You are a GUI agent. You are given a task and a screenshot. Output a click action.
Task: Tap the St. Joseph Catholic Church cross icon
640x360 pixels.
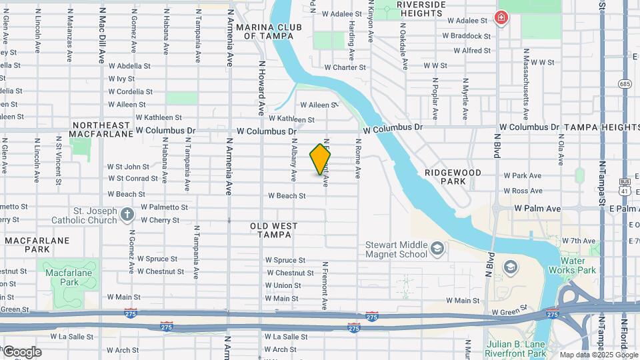pyautogui.click(x=127, y=215)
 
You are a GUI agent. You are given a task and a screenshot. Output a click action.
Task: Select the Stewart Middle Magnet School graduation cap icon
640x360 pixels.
pyautogui.click(x=437, y=249)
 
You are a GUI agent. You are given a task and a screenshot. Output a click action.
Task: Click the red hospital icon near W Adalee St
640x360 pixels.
pyautogui.click(x=500, y=17)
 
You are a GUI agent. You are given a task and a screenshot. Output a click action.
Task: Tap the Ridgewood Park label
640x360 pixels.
pyautogui.click(x=452, y=177)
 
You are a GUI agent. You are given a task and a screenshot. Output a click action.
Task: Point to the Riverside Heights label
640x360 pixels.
pyautogui.click(x=421, y=8)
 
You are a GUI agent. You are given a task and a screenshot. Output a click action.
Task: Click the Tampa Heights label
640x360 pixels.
pyautogui.click(x=601, y=127)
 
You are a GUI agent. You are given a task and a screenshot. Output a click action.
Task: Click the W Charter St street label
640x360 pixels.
pyautogui.click(x=345, y=67)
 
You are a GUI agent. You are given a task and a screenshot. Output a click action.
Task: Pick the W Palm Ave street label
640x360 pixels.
pyautogui.click(x=537, y=209)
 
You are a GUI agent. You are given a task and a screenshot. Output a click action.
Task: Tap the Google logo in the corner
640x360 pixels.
pyautogui.click(x=22, y=352)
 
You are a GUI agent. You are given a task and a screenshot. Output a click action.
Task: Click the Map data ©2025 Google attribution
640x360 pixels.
pyautogui.click(x=598, y=355)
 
